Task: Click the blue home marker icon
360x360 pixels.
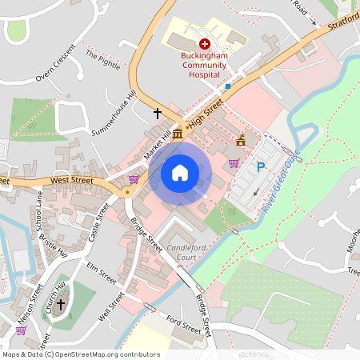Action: [180, 172]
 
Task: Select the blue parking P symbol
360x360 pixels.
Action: [260, 167]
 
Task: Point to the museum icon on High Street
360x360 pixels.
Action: [176, 131]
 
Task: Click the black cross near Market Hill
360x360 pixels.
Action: [158, 114]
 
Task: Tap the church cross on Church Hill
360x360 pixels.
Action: [59, 304]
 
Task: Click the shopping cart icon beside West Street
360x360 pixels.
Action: [134, 179]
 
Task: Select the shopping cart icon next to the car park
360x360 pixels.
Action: [234, 163]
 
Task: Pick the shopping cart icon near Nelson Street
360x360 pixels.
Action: [21, 330]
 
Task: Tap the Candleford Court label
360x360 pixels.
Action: [188, 254]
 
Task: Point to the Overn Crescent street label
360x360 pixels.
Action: [54, 63]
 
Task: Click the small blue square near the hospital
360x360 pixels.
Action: [227, 86]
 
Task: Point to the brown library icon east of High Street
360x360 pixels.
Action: [241, 139]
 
